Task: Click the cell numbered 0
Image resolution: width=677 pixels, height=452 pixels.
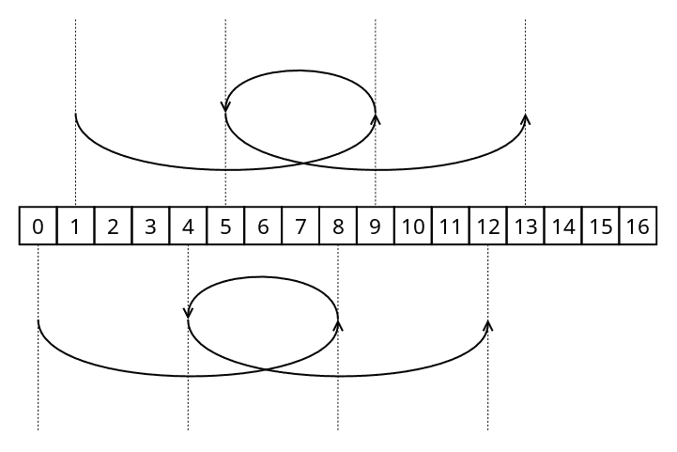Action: [x=38, y=226]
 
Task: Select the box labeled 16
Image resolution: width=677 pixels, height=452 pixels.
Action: [x=639, y=226]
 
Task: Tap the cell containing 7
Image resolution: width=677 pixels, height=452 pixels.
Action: [x=300, y=226]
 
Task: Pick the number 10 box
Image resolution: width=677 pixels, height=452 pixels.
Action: [x=413, y=226]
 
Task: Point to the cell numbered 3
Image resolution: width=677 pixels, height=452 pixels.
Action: [x=150, y=226]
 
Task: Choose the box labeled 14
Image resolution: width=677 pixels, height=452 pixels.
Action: [x=563, y=226]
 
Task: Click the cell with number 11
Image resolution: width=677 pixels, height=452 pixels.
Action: [x=451, y=226]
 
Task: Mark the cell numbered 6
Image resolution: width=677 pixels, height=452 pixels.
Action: [x=263, y=226]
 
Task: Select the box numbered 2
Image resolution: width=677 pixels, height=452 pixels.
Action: [x=113, y=226]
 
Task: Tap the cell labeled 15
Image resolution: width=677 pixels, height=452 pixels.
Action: [x=601, y=226]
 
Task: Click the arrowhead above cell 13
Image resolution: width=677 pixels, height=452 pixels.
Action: [x=526, y=118]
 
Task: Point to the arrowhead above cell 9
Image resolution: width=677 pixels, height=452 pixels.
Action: [x=376, y=118]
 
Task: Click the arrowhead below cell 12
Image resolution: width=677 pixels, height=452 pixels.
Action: [x=488, y=325]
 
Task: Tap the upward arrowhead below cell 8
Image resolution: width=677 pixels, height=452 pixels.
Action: [x=338, y=325]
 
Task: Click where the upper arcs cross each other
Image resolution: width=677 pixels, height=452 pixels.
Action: [x=303, y=163]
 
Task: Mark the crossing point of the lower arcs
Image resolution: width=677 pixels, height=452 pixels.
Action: [x=266, y=369]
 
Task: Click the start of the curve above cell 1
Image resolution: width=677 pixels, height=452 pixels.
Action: [x=75, y=114]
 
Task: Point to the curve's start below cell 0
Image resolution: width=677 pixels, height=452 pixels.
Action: [x=38, y=320]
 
